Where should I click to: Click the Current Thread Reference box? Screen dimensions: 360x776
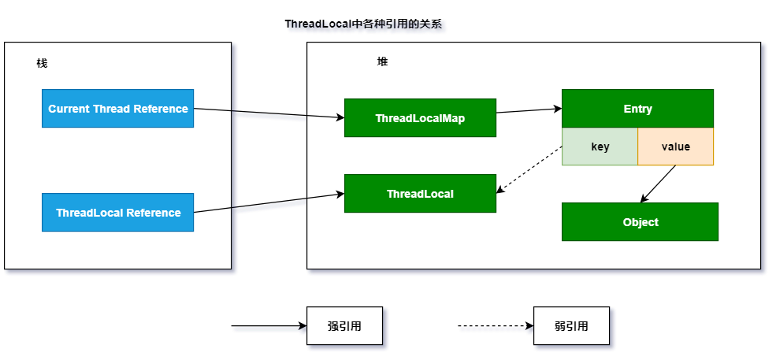click(117, 109)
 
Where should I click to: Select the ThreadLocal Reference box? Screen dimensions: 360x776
click(117, 213)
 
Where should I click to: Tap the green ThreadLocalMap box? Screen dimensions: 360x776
click(420, 118)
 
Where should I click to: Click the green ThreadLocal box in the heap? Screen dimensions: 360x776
click(420, 194)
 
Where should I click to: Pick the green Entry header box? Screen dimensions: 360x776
click(637, 109)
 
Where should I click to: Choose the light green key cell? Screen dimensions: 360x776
click(600, 147)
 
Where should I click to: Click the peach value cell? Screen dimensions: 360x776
click(675, 147)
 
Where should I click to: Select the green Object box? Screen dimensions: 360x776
click(640, 222)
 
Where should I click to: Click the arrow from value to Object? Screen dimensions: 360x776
click(659, 184)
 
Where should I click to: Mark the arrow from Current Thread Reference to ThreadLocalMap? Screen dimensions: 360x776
click(269, 113)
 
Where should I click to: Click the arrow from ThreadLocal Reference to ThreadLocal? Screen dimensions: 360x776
click(269, 202)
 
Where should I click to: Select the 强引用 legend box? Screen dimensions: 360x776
click(344, 326)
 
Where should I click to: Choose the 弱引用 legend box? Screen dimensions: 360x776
click(571, 326)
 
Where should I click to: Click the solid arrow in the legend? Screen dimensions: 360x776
click(268, 326)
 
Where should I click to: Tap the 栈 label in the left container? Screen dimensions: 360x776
click(42, 63)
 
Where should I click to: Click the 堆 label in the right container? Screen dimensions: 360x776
click(382, 61)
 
